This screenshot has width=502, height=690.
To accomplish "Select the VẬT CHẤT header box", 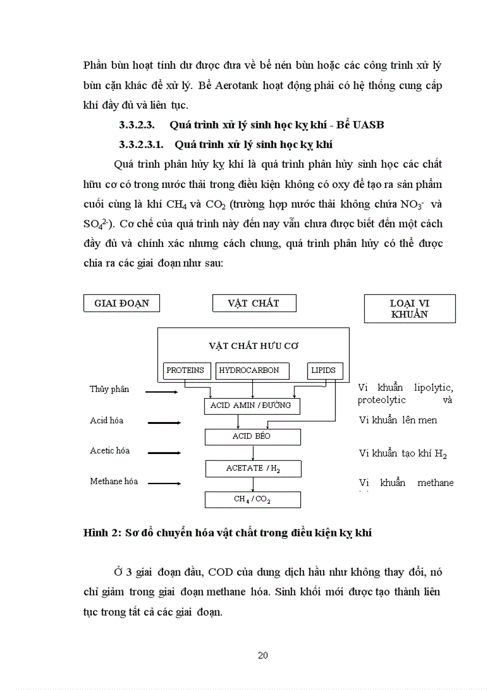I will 253,303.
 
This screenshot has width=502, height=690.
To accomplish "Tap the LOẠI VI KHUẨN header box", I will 410,308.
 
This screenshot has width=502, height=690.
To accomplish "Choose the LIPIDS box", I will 324,370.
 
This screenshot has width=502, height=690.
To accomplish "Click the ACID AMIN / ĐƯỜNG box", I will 250,406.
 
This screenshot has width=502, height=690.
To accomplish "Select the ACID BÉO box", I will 252,437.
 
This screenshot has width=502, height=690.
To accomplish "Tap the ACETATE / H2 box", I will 252,469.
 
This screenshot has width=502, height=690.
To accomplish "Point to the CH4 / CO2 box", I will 252,500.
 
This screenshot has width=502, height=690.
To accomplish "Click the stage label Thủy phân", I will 110,390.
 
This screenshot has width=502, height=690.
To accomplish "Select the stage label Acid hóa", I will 106,421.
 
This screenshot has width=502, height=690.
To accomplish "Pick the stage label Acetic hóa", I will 110,451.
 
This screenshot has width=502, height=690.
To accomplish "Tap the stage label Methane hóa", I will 114,482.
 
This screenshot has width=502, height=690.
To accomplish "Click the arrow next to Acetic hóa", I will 164,453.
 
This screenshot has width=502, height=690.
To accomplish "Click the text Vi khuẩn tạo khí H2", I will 403,453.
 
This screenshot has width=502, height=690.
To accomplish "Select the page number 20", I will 263,655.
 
